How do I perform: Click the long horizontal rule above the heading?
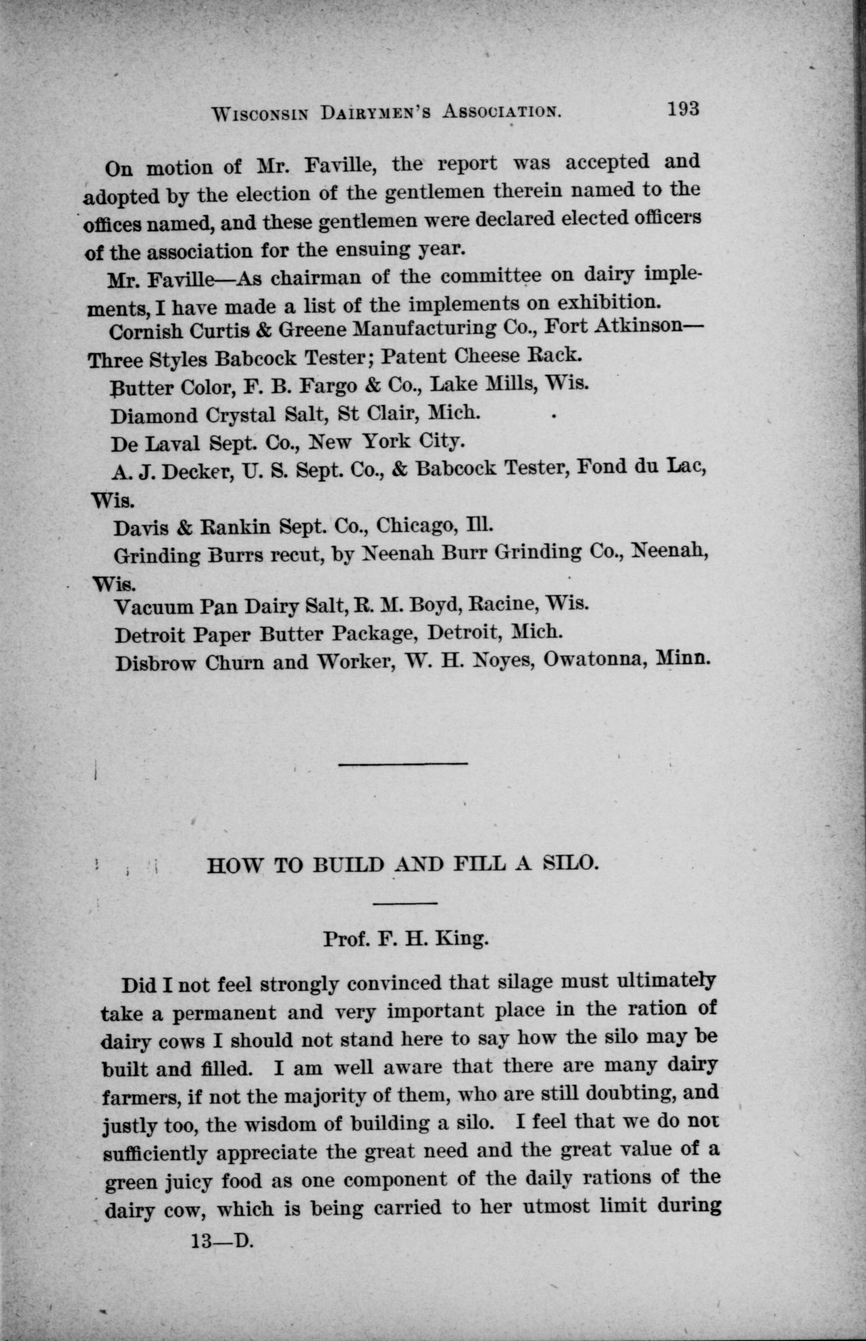[x=403, y=763]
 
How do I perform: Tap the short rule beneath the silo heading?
[x=405, y=904]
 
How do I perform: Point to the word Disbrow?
[x=155, y=664]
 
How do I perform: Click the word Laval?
[x=174, y=444]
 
